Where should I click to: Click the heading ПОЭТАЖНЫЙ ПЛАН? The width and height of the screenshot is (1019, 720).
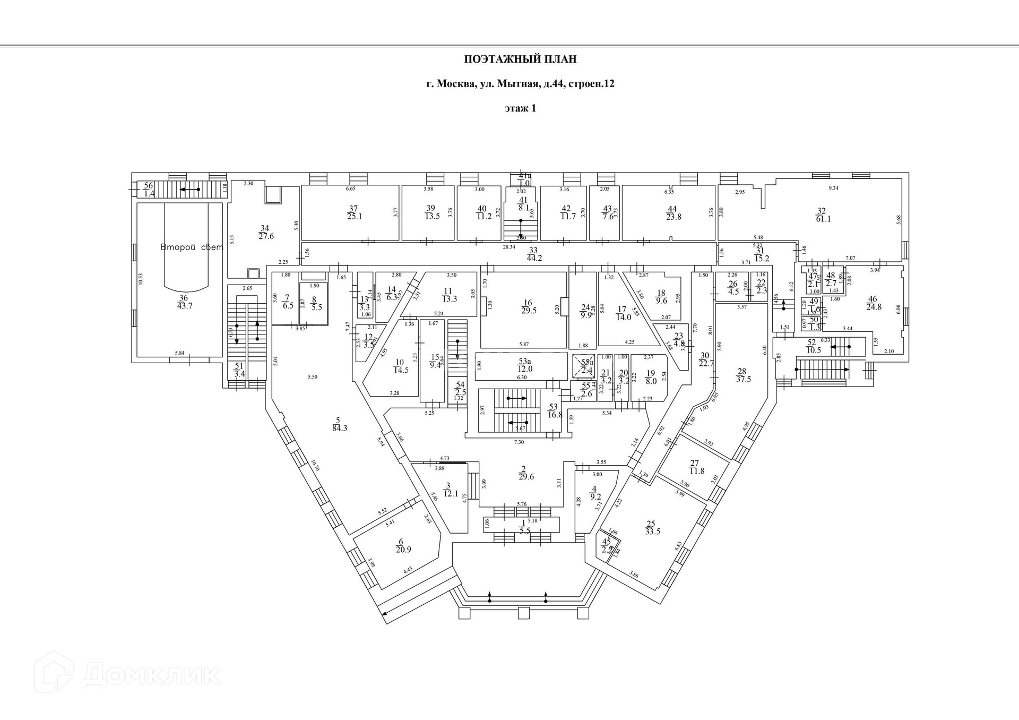pyautogui.click(x=520, y=59)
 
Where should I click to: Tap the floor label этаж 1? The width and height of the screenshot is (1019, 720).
pyautogui.click(x=520, y=108)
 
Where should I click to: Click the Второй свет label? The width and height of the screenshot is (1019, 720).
pyautogui.click(x=192, y=247)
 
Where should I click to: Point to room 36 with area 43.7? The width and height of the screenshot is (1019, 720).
pyautogui.click(x=184, y=302)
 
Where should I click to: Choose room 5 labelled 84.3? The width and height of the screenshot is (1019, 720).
pyautogui.click(x=339, y=424)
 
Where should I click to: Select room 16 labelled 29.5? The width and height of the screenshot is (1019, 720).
pyautogui.click(x=529, y=306)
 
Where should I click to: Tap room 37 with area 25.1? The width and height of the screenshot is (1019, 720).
pyautogui.click(x=354, y=212)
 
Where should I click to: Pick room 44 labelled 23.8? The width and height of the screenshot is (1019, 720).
pyautogui.click(x=673, y=212)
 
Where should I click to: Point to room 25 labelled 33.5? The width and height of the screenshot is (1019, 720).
pyautogui.click(x=652, y=528)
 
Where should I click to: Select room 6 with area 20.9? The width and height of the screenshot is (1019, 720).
pyautogui.click(x=403, y=546)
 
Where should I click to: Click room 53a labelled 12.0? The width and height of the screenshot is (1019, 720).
pyautogui.click(x=525, y=365)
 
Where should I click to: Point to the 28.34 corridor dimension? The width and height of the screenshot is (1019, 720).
pyautogui.click(x=509, y=247)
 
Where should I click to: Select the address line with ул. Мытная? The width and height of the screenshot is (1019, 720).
pyautogui.click(x=520, y=84)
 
